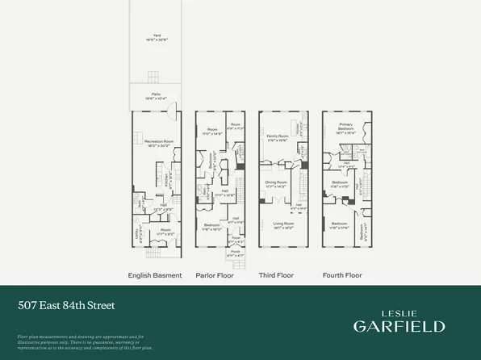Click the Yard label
(x=147, y=35)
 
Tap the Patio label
(x=147, y=96)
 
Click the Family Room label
(x=278, y=137)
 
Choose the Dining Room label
(x=278, y=182)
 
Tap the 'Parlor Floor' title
(x=214, y=275)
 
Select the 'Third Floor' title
(x=276, y=275)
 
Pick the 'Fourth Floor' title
(x=341, y=275)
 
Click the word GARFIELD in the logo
(x=399, y=326)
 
